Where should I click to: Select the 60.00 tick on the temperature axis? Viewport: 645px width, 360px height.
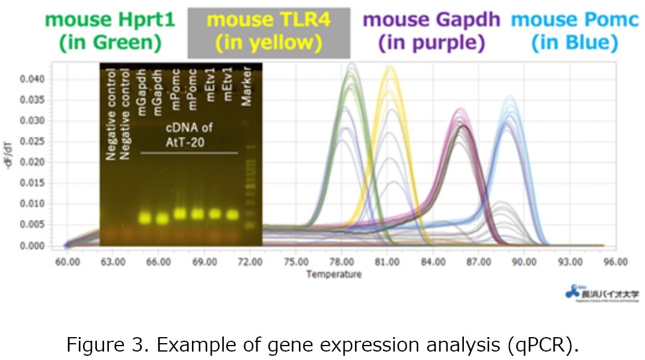[67, 262]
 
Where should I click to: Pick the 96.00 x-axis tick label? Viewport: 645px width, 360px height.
[616, 262]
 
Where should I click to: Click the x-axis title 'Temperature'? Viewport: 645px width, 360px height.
[334, 275]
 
